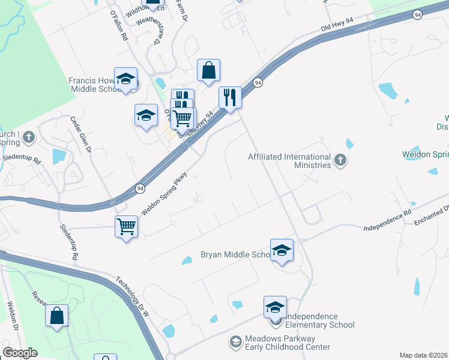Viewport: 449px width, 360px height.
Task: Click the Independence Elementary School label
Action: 319,321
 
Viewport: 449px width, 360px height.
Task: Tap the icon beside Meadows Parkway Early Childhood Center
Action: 236,343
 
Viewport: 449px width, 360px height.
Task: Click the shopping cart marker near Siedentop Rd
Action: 127,227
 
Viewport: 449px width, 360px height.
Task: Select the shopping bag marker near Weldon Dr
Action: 56,316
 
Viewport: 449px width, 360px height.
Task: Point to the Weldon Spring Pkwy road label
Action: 165,194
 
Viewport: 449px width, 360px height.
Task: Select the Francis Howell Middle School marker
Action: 126,79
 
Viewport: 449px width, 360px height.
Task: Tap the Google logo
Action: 20,352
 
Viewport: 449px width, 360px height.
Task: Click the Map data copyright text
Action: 424,355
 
